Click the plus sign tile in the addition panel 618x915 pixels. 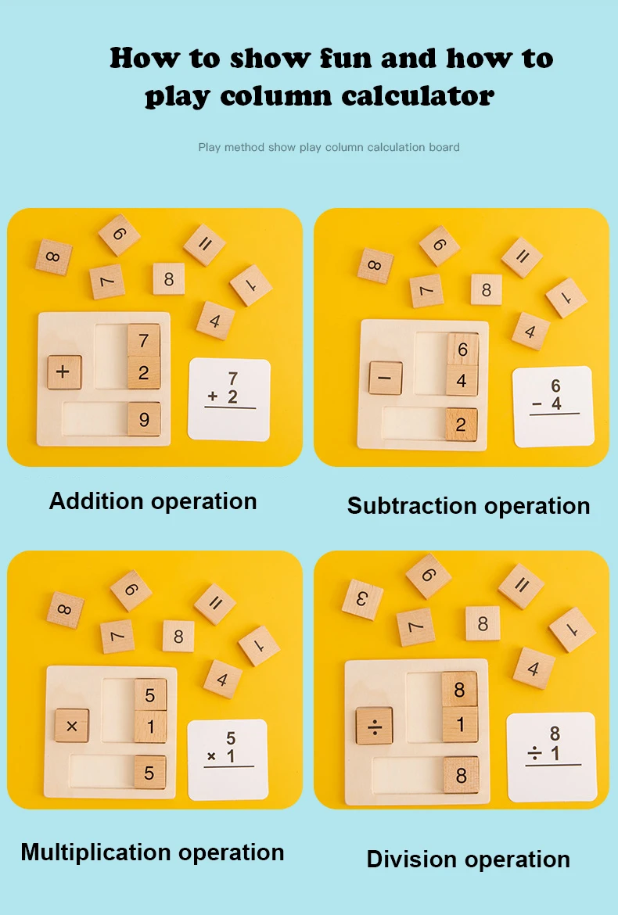point(64,372)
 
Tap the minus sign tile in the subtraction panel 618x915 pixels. point(386,378)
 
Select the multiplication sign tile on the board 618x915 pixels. point(72,726)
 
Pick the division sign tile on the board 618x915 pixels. point(374,726)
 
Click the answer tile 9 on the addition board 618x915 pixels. point(144,419)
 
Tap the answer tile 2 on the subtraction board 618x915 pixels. point(462,424)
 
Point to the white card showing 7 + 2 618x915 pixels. point(229,398)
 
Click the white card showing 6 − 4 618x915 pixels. point(552,406)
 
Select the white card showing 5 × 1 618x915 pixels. point(228,759)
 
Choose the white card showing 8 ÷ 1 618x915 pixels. point(552,756)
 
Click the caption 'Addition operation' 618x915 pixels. point(153,501)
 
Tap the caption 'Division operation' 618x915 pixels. point(469,859)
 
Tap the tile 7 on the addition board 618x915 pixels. point(144,341)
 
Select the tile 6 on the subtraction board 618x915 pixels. point(462,349)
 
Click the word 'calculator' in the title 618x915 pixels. point(418,96)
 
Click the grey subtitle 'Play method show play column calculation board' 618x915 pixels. point(329,147)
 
